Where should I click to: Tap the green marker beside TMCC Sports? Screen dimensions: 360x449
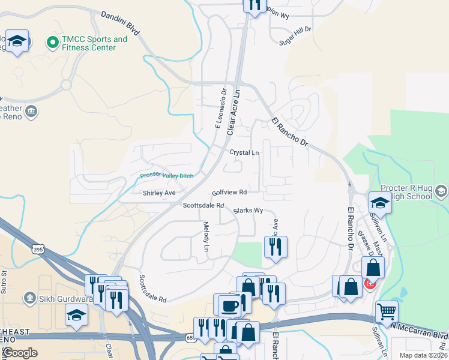coord(52,43)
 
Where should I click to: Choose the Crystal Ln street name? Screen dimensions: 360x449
coord(244,152)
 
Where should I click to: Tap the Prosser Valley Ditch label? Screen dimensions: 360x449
coord(167,175)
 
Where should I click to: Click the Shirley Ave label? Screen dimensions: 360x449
coord(159,193)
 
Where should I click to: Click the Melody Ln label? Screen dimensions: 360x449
coord(206,236)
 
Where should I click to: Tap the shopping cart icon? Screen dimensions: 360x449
coord(387,311)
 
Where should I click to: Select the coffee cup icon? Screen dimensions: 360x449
coord(229,306)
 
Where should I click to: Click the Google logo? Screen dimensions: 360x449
coord(20,353)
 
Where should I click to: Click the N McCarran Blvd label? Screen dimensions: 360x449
coord(421,329)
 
